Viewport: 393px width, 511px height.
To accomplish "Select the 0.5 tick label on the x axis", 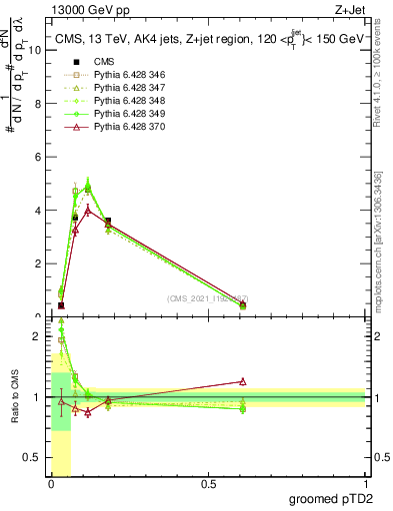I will point(208,484).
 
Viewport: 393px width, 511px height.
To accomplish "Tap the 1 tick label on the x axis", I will point(366,484).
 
